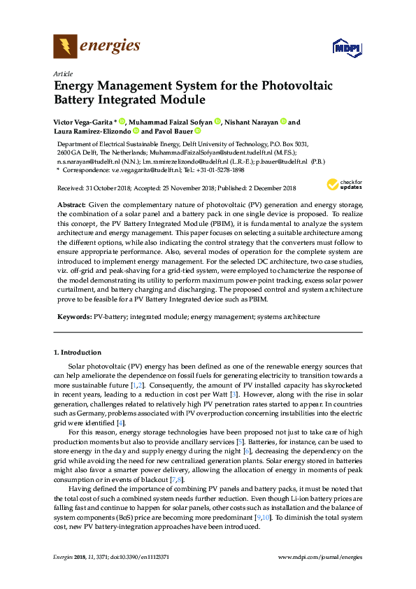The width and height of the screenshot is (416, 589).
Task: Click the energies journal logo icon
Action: [x=66, y=47]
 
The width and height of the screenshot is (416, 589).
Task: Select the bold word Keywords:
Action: [x=74, y=317]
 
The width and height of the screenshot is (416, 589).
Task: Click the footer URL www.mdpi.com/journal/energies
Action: [x=320, y=557]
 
